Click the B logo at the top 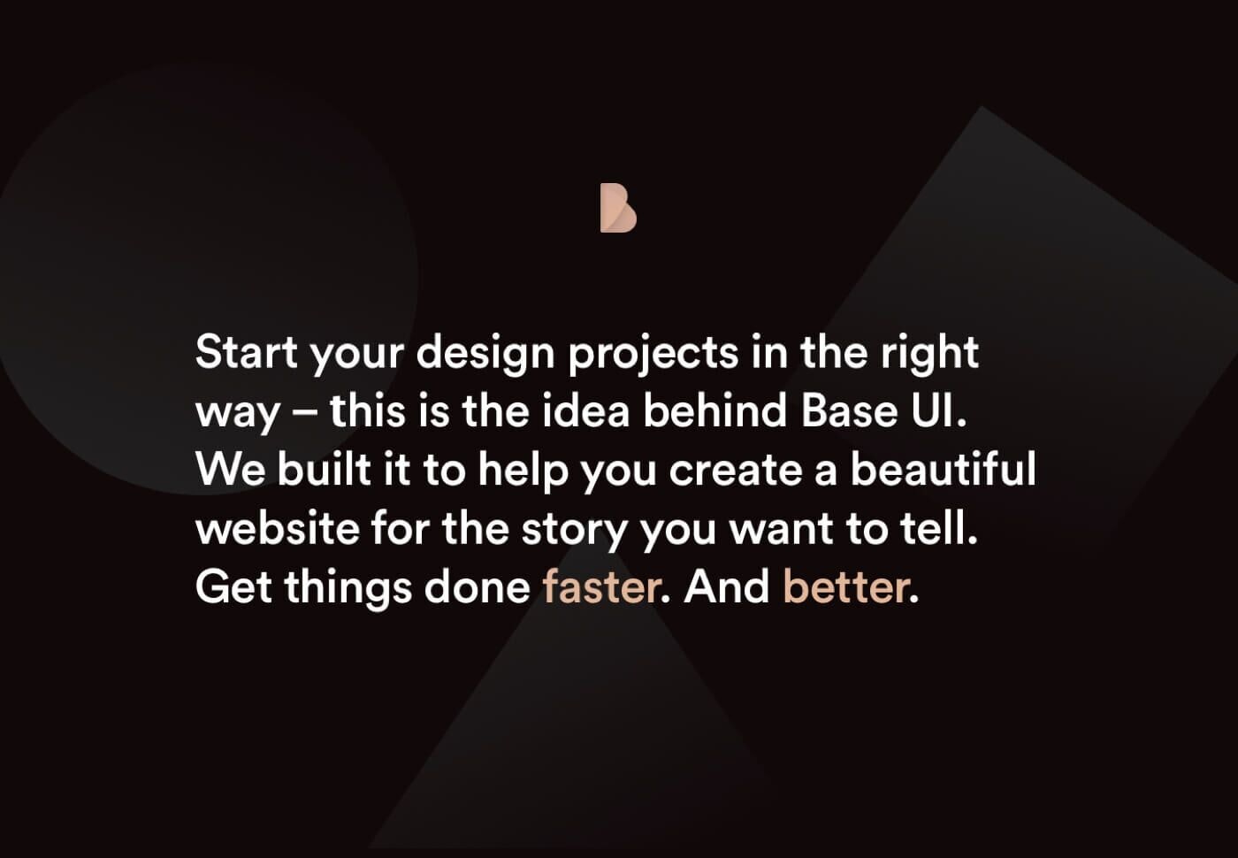pos(618,209)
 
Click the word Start pos(246,352)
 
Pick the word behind pos(715,411)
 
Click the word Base pos(848,411)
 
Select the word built pos(324,470)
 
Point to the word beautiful pos(943,470)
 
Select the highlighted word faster pos(601,587)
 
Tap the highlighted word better pos(845,587)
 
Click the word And pos(726,587)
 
